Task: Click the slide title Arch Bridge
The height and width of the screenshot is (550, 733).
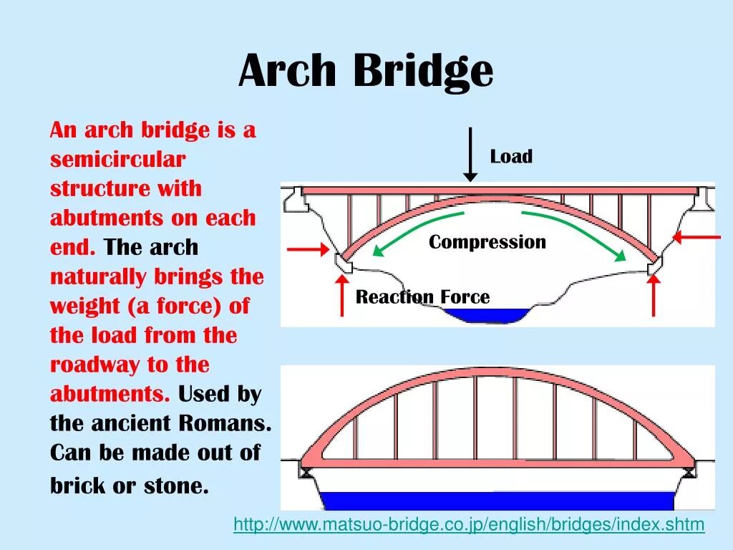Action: [366, 71]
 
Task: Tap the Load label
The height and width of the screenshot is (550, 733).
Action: [511, 157]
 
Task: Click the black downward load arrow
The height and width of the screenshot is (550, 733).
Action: [470, 154]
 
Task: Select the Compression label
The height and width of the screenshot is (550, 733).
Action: [487, 242]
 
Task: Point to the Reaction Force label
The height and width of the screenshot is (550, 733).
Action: [423, 297]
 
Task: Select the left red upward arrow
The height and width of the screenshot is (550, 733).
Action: [341, 295]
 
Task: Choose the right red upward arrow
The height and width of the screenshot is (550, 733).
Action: [653, 295]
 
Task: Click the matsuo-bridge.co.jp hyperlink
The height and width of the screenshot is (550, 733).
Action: [469, 525]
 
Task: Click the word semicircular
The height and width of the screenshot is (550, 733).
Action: [117, 160]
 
